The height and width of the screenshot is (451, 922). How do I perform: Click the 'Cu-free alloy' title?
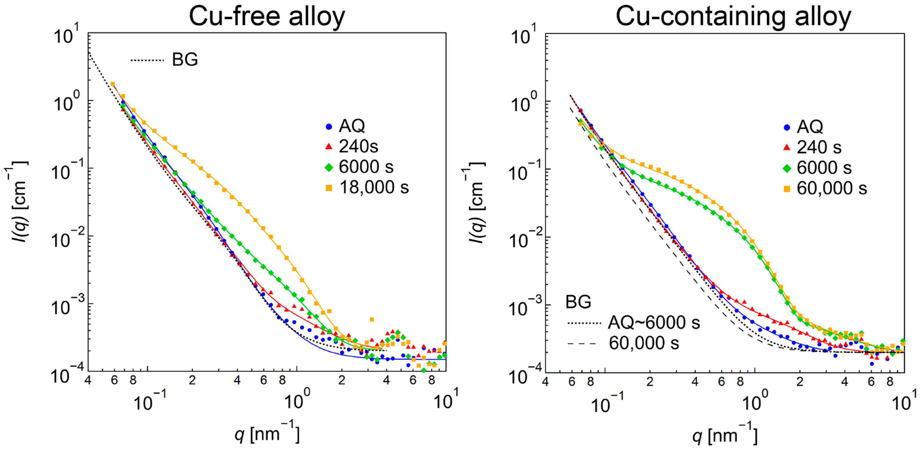267,17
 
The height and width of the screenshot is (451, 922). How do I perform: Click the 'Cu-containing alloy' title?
733,17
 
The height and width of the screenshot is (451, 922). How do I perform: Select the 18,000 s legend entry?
374,187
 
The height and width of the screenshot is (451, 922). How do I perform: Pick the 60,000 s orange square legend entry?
787,189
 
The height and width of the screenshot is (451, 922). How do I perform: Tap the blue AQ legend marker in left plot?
329,126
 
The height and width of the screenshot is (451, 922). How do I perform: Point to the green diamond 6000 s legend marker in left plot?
329,167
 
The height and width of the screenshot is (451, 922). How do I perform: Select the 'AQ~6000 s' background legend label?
654,322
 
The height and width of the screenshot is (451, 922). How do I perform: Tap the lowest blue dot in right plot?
872,364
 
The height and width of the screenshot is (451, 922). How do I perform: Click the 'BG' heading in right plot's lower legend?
578,302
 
